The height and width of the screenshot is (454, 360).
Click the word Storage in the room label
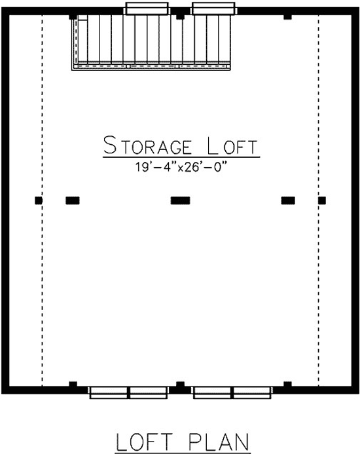[147, 145]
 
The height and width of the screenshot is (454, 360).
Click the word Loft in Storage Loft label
[232, 145]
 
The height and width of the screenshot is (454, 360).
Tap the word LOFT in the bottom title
[145, 442]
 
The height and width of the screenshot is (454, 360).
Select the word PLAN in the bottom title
[219, 442]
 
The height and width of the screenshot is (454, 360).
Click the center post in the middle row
[180, 200]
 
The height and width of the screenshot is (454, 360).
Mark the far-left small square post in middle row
[39, 200]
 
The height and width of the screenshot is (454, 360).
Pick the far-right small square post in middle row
[322, 200]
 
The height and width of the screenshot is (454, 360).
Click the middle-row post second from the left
[73, 200]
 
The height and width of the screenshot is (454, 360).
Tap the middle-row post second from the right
[288, 200]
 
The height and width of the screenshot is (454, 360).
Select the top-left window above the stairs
[147, 9]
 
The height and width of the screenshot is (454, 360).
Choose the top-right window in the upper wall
[213, 9]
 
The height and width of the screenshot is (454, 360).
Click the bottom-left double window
[128, 392]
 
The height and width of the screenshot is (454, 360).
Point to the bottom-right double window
[232, 392]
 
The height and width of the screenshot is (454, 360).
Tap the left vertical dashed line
[43, 200]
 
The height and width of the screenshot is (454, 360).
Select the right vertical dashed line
[318, 200]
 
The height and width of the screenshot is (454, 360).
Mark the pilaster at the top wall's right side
[287, 17]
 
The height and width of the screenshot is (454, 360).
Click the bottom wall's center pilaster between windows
[180, 384]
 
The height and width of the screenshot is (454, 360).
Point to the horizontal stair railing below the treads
[151, 66]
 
